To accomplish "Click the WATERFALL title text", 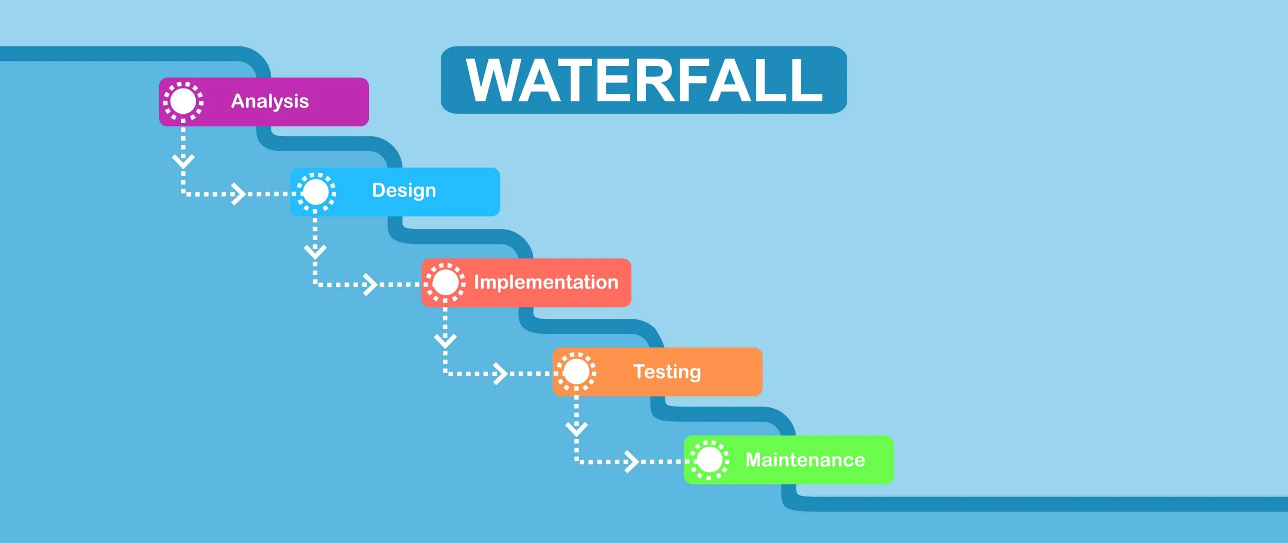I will click(644, 80).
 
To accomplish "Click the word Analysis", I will click(270, 101).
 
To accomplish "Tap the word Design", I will click(404, 191).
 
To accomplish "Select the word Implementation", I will click(546, 282).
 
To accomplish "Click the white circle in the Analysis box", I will click(183, 101).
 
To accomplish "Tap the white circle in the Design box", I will click(316, 192).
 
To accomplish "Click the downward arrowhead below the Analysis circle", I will click(183, 161).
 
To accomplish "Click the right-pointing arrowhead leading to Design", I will click(239, 194).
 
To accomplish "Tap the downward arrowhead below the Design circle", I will click(315, 251).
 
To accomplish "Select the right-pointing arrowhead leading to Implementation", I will click(371, 284).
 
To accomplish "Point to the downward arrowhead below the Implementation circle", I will click(445, 341).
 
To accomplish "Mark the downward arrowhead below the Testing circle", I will click(577, 429).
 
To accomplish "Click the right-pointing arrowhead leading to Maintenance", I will click(632, 461).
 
